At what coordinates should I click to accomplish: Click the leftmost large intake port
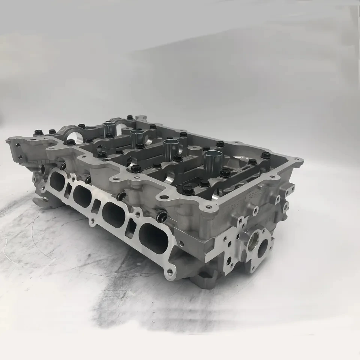click(58, 181)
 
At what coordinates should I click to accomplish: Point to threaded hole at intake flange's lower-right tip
click(169, 270)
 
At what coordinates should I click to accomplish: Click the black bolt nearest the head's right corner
click(265, 154)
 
